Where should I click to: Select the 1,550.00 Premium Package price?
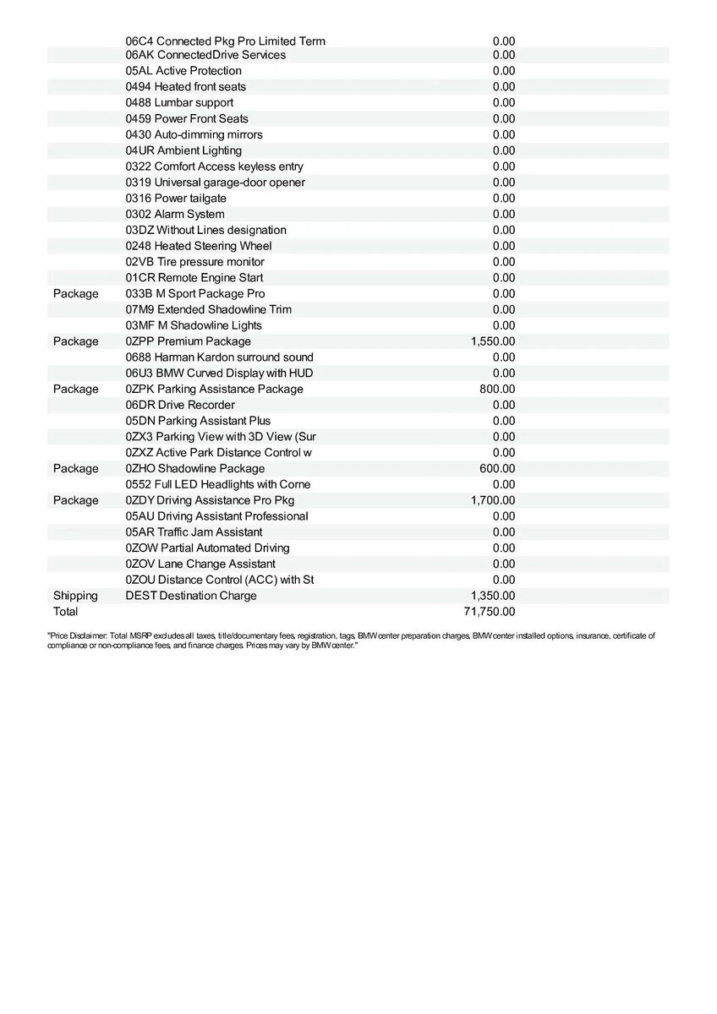[x=492, y=341]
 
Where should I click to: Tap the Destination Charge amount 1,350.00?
[x=492, y=596]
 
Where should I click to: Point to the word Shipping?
[x=75, y=596]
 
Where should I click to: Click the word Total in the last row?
[x=65, y=612]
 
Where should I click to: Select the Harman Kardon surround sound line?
[x=219, y=357]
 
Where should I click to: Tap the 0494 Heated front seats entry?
[x=186, y=87]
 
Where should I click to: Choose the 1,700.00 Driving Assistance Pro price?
[x=492, y=500]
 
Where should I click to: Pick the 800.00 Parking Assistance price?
[x=497, y=390]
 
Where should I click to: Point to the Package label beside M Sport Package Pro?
[x=75, y=294]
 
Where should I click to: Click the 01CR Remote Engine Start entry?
[x=194, y=278]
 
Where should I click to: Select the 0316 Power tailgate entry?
[x=176, y=199]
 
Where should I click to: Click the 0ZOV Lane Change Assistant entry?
[x=200, y=564]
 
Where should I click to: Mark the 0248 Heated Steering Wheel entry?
[x=199, y=246]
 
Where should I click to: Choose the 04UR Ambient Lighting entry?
[x=183, y=150]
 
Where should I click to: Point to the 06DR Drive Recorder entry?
[x=180, y=405]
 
